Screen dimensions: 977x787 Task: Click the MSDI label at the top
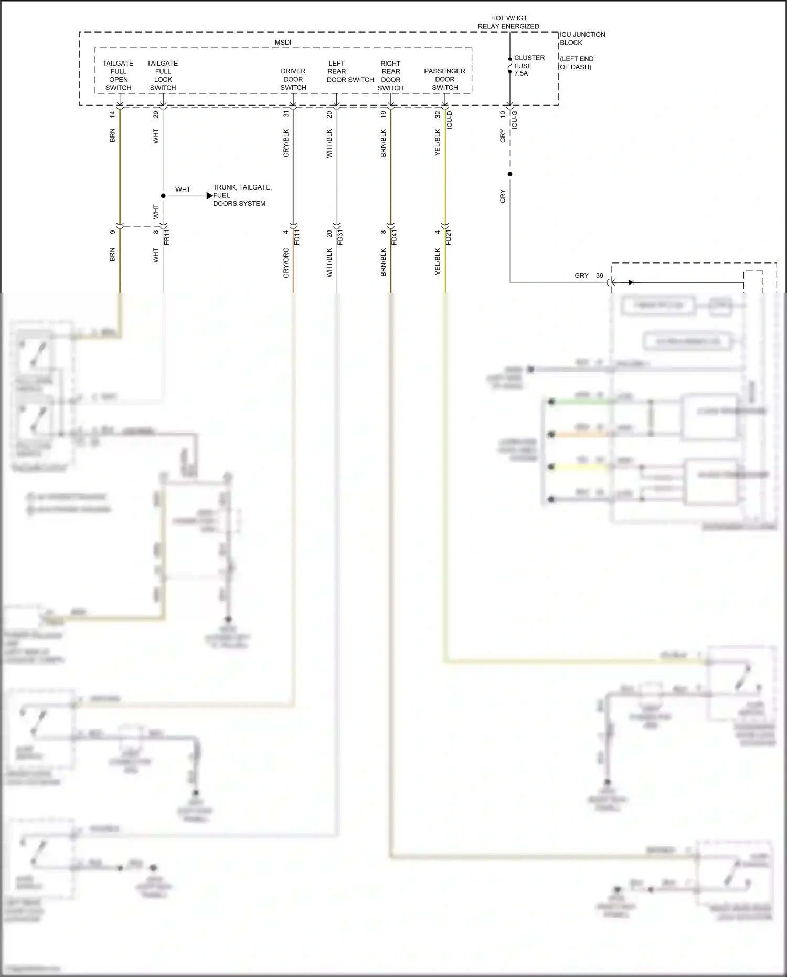point(283,43)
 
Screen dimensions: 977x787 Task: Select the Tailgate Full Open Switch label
point(118,76)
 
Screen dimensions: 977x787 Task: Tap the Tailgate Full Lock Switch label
point(163,76)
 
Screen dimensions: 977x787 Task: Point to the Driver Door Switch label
point(293,79)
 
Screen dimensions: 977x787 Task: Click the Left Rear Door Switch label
point(349,72)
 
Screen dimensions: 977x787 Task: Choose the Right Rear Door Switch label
point(390,76)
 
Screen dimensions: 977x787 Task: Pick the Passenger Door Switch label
point(444,79)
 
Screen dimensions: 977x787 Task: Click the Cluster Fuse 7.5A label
point(529,66)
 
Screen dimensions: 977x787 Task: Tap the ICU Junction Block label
point(582,38)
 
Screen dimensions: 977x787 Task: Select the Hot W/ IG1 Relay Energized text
point(508,22)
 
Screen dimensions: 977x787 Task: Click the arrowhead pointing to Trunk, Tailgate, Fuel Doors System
point(210,196)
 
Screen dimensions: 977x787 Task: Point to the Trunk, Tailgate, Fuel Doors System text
point(242,195)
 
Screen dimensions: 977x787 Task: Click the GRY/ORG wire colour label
point(286,262)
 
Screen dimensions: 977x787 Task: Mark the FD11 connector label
point(297,237)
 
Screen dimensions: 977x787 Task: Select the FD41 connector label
point(394,237)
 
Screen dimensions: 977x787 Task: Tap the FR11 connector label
point(167,237)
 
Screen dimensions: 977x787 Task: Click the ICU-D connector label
point(449,120)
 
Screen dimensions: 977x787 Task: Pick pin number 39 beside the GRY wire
point(599,276)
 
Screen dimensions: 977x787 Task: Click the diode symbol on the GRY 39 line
point(630,282)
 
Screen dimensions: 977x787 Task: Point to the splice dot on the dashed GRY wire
point(509,174)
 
